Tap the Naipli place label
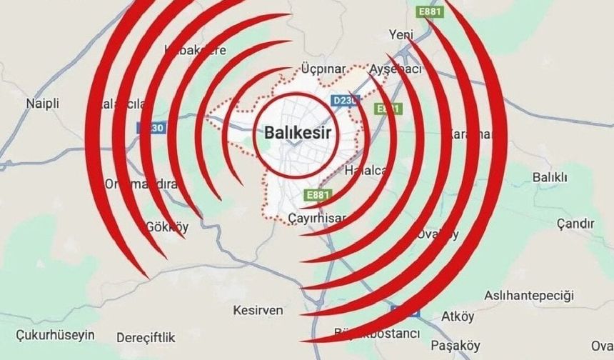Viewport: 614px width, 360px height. pyautogui.click(x=42, y=104)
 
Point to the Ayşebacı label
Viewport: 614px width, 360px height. pyautogui.click(x=395, y=69)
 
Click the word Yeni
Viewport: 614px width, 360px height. pyautogui.click(x=401, y=34)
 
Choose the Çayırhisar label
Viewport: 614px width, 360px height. pyautogui.click(x=318, y=217)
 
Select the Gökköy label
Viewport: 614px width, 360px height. pyautogui.click(x=166, y=227)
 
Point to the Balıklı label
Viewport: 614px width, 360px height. pyautogui.click(x=550, y=176)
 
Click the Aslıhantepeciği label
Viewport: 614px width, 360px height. pyautogui.click(x=529, y=295)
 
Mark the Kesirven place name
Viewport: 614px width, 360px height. pyautogui.click(x=258, y=310)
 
